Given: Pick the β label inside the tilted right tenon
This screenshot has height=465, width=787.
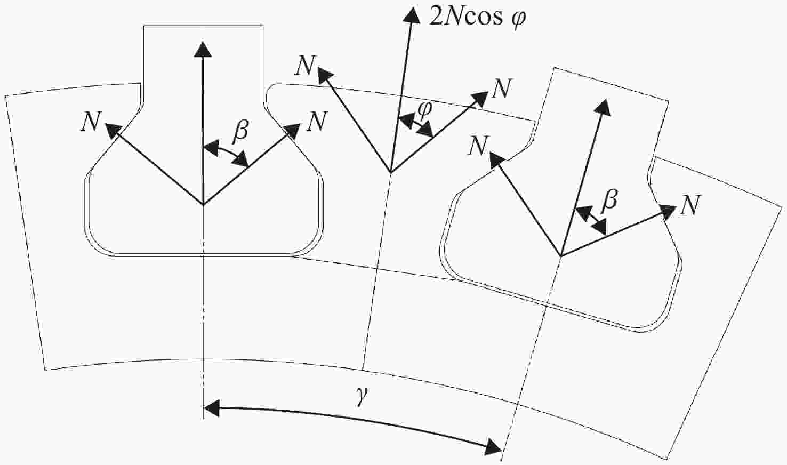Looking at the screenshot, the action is [x=609, y=202].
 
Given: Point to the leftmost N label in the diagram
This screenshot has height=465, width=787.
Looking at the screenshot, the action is [x=91, y=122].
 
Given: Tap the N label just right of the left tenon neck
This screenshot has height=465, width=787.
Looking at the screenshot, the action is [x=317, y=121].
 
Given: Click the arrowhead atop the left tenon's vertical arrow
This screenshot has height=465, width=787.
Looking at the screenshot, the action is [x=203, y=42].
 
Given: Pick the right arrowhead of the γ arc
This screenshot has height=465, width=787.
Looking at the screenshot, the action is [x=501, y=451].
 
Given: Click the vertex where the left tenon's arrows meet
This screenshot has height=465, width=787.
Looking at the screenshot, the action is [x=203, y=204].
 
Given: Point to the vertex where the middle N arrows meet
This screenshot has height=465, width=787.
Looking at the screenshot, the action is [x=391, y=173].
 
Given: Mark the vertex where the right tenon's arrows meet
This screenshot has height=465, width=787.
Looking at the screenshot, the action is [x=561, y=255].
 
